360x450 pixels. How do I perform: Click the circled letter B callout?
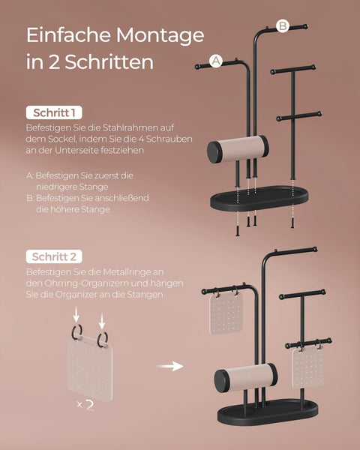283,25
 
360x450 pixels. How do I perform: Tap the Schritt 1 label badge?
53,112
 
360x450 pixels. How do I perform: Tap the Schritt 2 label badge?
54,256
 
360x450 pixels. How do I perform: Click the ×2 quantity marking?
86,405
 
